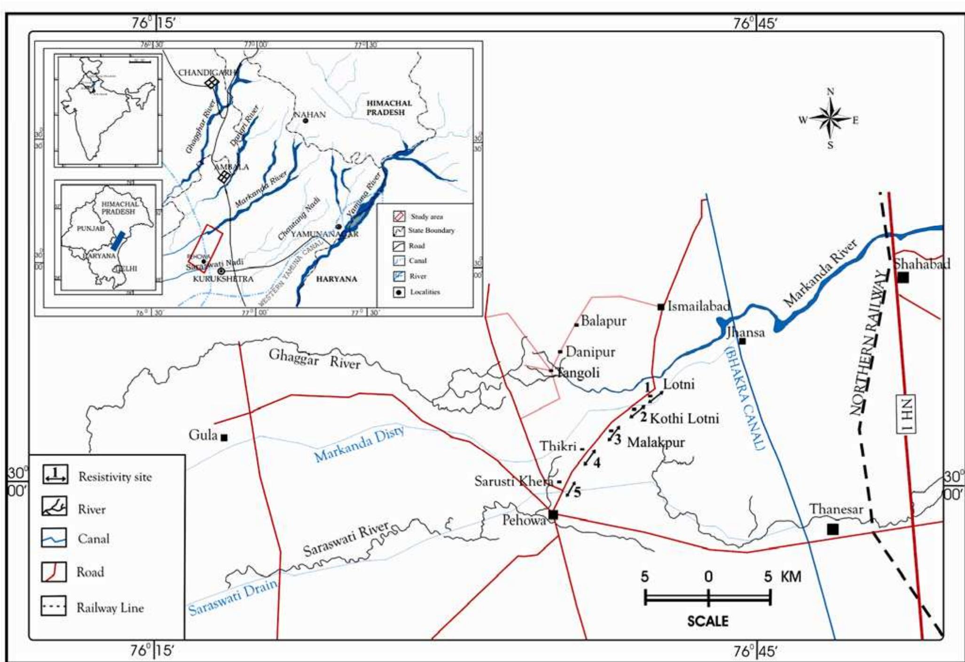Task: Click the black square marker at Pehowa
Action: (553, 514)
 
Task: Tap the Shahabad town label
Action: (922, 264)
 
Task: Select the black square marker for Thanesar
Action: (832, 529)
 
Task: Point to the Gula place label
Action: (203, 435)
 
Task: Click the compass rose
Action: (830, 119)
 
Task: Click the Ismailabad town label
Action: (699, 307)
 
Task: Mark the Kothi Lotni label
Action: (684, 418)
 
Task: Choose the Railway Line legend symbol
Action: (53, 606)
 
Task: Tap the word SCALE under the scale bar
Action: (708, 621)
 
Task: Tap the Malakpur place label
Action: (656, 442)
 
